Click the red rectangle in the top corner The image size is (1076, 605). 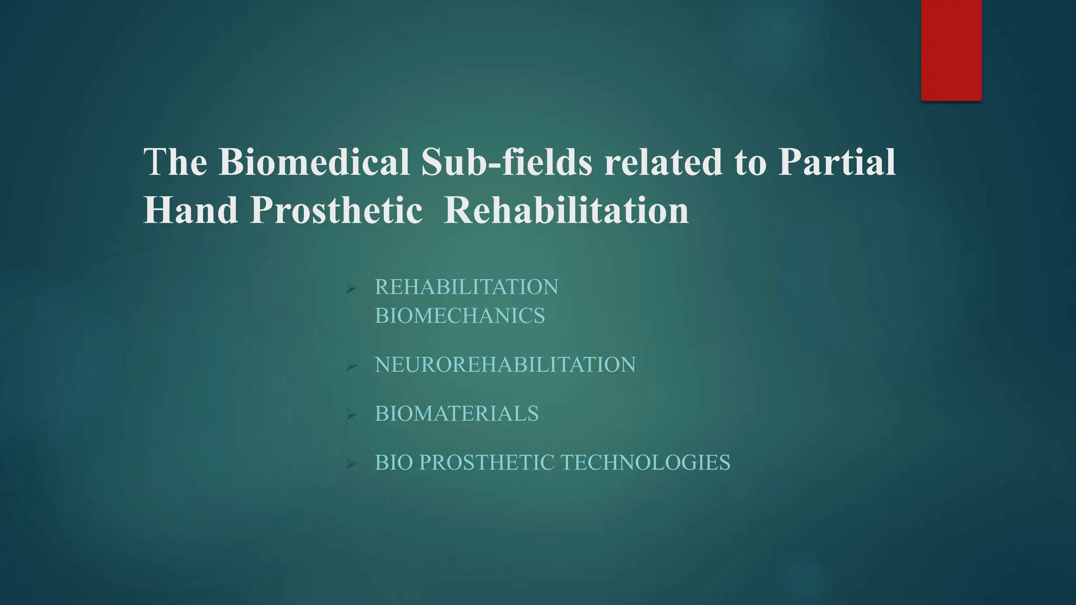point(951,50)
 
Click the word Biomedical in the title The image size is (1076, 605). point(314,162)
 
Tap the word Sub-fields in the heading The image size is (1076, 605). point(506,162)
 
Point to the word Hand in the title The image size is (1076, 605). point(190,210)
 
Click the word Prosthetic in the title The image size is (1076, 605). point(336,210)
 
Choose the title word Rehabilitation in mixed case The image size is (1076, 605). point(566,210)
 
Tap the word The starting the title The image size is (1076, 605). point(175,162)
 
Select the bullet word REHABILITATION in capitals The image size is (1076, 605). point(467,287)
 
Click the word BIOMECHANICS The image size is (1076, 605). point(460,316)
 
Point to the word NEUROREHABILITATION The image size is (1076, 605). point(505,364)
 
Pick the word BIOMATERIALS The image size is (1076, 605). point(457,414)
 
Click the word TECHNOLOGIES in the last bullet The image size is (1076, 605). point(646,463)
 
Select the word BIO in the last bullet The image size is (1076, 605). point(394,463)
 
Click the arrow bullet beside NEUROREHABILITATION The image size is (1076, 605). point(351,366)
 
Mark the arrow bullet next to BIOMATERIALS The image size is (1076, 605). point(351,415)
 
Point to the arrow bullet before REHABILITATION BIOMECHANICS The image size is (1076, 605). point(351,288)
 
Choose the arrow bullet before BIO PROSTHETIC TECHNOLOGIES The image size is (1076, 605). point(351,464)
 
